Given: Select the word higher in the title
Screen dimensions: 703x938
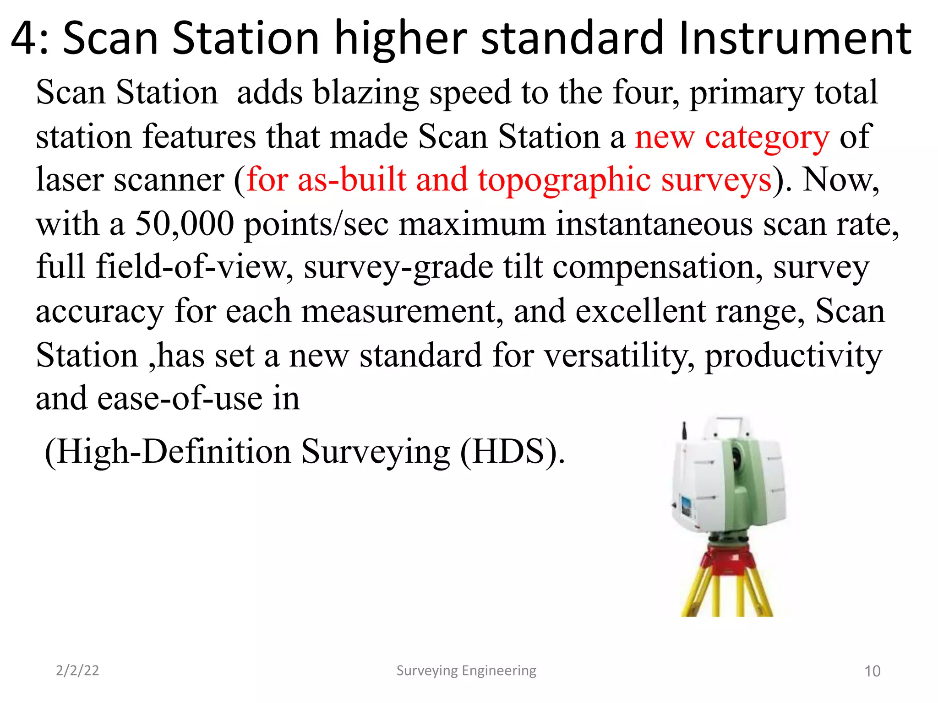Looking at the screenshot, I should coord(401,39).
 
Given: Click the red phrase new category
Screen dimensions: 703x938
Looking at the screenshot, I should coord(731,137).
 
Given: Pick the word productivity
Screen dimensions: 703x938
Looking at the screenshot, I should coord(793,356).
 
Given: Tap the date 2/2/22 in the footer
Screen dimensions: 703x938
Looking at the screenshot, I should coord(77,671).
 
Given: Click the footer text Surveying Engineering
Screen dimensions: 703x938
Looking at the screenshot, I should coord(466,671).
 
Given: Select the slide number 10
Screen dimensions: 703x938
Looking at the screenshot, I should coord(872,671).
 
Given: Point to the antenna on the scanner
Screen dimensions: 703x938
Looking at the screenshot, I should coord(684,433).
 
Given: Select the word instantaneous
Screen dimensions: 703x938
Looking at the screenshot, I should coord(654,224).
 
